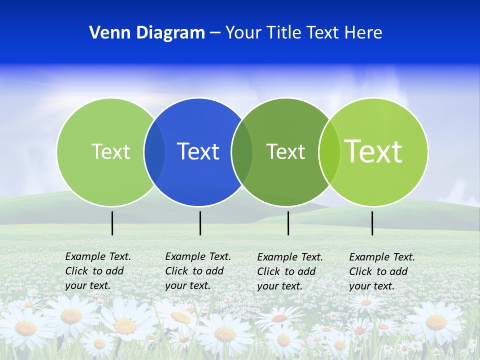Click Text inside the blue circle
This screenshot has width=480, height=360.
pos(198,151)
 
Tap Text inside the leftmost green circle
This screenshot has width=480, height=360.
pos(110,151)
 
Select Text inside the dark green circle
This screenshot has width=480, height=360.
pos(285,151)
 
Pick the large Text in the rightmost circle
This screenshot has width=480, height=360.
pos(373,151)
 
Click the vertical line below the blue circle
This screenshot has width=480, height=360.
pos(200,223)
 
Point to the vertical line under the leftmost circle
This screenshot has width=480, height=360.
pos(112,223)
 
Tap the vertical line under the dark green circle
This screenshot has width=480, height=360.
pos(288,223)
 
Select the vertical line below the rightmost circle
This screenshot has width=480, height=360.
pos(372,223)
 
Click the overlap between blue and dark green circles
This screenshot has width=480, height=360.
pos(242,152)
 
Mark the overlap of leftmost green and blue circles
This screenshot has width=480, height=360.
pos(154,152)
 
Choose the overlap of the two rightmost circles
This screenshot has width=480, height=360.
pos(329,152)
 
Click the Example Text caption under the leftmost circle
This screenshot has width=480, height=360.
pos(98,271)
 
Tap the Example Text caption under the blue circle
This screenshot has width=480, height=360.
pos(198,271)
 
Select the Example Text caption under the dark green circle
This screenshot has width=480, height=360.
pos(290,271)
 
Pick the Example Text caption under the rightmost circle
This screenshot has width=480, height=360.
pos(382,271)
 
